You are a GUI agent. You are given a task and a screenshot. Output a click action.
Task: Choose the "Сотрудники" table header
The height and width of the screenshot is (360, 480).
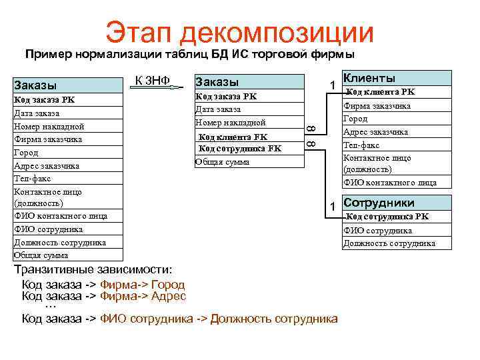click(x=379, y=203)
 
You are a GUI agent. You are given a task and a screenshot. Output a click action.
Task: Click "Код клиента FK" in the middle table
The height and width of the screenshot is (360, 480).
click(x=233, y=137)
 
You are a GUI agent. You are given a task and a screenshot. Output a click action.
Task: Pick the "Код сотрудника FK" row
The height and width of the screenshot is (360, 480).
click(x=240, y=149)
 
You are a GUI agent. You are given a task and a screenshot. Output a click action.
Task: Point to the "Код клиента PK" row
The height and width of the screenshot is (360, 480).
click(x=381, y=92)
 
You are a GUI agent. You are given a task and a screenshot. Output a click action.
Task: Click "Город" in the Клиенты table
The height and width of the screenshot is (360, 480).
click(x=355, y=119)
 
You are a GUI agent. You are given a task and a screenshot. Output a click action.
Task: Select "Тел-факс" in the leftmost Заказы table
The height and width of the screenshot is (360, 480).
click(x=33, y=179)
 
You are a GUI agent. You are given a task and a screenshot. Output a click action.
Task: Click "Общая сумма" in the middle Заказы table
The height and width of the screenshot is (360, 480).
click(x=222, y=161)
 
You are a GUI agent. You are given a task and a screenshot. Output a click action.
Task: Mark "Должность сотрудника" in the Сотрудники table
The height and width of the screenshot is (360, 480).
click(x=389, y=243)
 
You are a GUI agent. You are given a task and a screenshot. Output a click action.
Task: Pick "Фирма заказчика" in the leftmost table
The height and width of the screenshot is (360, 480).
click(x=47, y=139)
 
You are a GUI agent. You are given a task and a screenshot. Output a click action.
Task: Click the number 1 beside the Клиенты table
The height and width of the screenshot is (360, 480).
click(x=331, y=85)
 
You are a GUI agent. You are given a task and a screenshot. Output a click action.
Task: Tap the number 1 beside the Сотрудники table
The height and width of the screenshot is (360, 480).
click(x=331, y=207)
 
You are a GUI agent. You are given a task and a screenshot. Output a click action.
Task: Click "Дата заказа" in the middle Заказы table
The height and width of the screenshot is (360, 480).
click(x=217, y=109)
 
